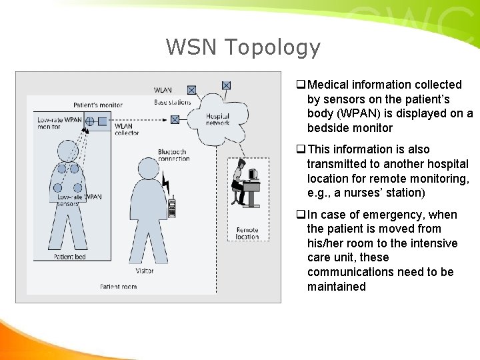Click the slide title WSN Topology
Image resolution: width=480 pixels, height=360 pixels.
(243, 47)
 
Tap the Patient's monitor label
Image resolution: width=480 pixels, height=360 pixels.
(98, 105)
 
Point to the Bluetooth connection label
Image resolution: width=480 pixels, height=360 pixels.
(174, 155)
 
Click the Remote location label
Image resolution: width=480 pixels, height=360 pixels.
(247, 233)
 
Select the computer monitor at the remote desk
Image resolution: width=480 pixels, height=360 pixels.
(253, 175)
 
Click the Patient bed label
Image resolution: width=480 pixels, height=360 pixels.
(69, 257)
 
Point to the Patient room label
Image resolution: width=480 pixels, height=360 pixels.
(118, 287)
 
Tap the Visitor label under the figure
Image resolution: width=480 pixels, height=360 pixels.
(143, 271)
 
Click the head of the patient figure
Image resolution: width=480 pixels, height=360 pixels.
(68, 152)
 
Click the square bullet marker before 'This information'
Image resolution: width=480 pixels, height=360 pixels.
(301, 150)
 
